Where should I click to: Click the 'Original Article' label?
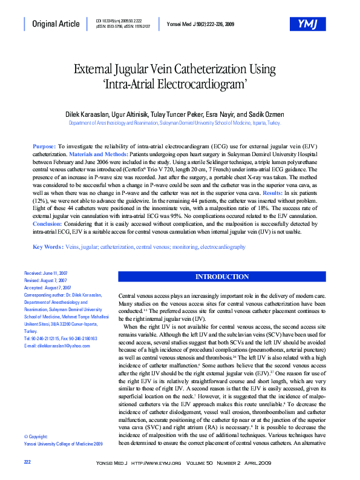(x=56, y=24)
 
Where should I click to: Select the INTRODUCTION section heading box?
(x=221, y=277)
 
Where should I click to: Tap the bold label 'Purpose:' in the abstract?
(x=44, y=147)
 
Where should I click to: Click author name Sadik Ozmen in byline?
(x=266, y=114)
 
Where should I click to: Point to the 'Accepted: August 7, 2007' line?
(x=48, y=288)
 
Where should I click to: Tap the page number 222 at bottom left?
(x=27, y=462)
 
